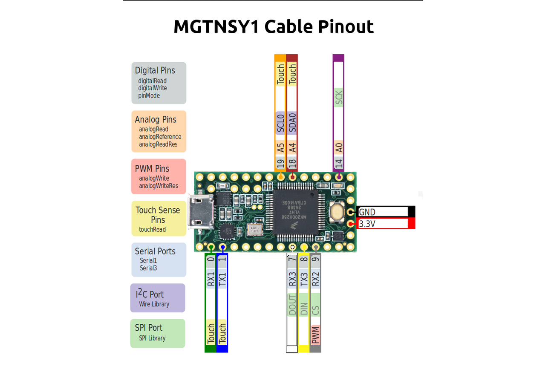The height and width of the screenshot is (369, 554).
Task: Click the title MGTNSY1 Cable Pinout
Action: [x=274, y=27]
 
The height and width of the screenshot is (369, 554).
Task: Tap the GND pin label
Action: [x=367, y=212]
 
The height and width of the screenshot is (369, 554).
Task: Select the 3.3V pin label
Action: [x=367, y=223]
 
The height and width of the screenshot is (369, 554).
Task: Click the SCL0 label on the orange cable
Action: [x=280, y=123]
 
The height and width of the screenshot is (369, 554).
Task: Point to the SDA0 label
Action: [x=292, y=123]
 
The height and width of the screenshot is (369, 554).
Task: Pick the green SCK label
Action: [x=339, y=98]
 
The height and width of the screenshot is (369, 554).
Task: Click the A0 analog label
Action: [x=339, y=147]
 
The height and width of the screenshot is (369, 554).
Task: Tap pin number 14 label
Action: [x=339, y=163]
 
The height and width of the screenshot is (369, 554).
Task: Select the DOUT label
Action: [x=292, y=304]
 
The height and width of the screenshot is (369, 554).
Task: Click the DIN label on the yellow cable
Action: [x=304, y=304]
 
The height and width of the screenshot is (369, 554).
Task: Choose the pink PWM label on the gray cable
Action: [x=315, y=334]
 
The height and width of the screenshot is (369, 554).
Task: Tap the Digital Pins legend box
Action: [x=159, y=83]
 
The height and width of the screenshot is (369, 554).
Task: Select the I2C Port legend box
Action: [x=158, y=298]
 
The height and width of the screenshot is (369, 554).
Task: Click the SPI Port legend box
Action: [x=158, y=333]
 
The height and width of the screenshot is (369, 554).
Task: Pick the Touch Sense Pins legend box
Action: [x=159, y=219]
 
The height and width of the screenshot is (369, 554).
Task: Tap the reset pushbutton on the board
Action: [x=337, y=212]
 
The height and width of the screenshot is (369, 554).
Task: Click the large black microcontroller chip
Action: [x=295, y=212]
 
